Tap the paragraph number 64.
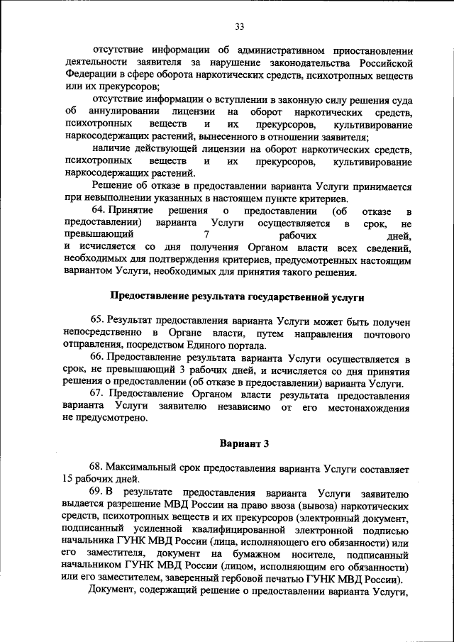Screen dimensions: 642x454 (100, 211)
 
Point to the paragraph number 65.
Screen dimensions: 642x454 (99, 320)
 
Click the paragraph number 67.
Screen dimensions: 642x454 (99, 394)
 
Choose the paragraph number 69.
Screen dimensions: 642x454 (99, 492)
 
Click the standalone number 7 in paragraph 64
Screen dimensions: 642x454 (205, 234)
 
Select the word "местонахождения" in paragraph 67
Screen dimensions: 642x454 (368, 406)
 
